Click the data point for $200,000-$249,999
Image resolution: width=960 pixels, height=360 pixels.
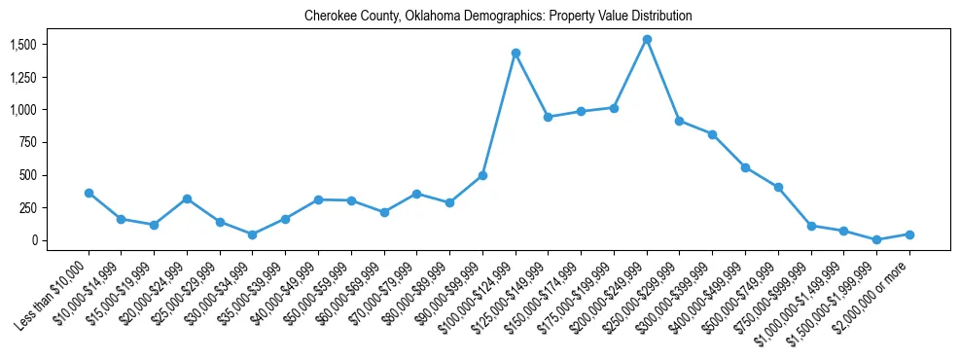coord(647,40)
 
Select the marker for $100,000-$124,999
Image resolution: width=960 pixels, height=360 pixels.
coord(516,53)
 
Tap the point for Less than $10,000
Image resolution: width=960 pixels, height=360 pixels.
coord(89,193)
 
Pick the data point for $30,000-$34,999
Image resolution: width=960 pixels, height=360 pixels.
coord(253,234)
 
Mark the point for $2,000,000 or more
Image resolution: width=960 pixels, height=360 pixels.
coord(909,234)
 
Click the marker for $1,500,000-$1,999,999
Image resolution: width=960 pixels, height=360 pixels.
coord(876,239)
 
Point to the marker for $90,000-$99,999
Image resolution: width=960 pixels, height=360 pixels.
coord(482,176)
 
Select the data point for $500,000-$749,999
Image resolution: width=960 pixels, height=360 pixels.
coord(778,187)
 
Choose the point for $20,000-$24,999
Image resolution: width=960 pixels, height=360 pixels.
coord(187,198)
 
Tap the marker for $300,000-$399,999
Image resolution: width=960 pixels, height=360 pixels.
coord(712,134)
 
